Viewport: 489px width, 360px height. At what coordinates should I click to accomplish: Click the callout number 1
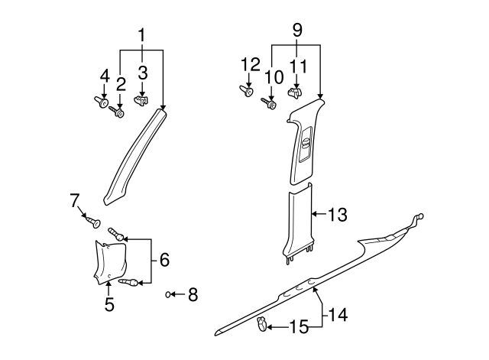[x=141, y=34]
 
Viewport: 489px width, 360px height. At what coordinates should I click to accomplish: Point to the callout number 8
[x=193, y=294]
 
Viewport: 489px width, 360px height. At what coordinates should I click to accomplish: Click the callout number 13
[x=338, y=216]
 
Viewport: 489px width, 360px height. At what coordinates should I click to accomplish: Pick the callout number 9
[x=297, y=31]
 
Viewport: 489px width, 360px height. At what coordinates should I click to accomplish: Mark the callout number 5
[x=109, y=305]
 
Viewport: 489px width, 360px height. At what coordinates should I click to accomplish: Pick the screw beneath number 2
[x=117, y=112]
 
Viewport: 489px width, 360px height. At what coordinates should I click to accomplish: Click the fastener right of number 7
[x=93, y=222]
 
